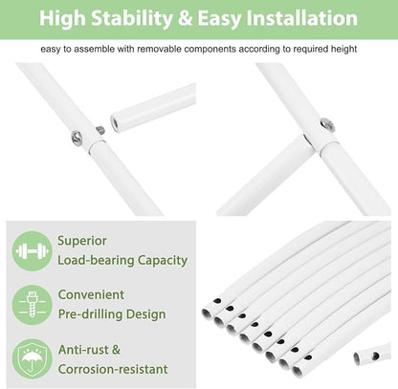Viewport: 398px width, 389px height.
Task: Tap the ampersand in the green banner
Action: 186,18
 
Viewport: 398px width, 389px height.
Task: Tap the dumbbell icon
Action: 32,251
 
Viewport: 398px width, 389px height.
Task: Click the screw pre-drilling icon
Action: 32,305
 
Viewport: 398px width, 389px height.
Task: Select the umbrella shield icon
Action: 32,359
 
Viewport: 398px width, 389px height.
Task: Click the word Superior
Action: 82,241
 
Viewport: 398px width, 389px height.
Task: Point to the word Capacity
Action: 163,261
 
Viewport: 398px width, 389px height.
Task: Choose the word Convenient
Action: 91,294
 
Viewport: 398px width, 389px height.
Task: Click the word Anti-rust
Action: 83,350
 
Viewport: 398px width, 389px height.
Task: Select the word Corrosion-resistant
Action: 113,369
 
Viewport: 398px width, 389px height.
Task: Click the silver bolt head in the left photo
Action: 77,138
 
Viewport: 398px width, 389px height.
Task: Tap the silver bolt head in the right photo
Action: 327,124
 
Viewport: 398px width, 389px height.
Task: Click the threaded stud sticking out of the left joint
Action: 99,130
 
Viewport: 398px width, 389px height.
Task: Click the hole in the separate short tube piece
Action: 376,356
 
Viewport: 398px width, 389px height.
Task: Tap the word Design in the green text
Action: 145,314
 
